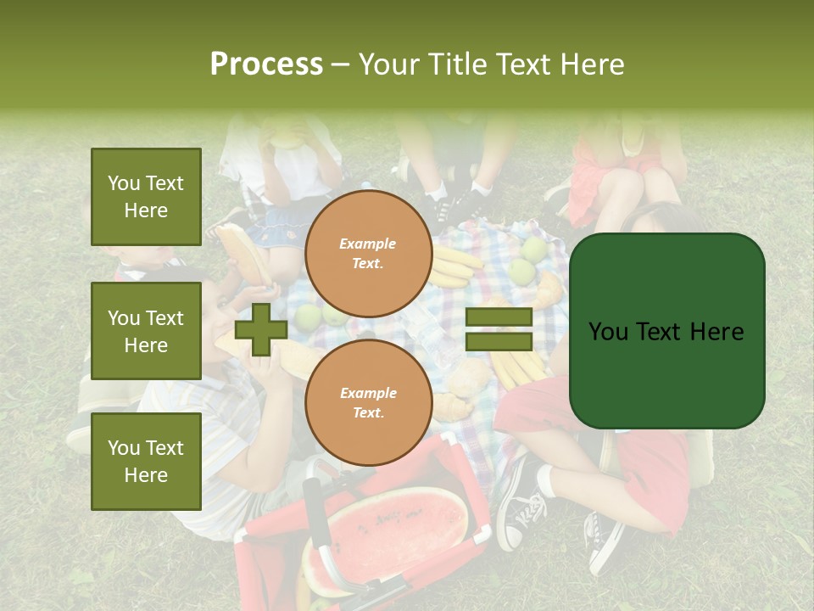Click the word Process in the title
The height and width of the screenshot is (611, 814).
(x=266, y=64)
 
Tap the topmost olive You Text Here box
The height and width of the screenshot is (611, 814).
(x=146, y=197)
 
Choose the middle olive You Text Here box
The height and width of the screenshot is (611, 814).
(x=146, y=331)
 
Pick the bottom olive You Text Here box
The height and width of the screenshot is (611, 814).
(x=146, y=462)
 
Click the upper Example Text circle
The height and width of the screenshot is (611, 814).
(x=368, y=253)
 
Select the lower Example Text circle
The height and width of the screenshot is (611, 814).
(x=368, y=402)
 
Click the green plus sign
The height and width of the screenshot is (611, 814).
(x=260, y=330)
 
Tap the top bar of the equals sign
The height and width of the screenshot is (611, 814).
(x=499, y=317)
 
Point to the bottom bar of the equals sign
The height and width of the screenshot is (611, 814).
(x=499, y=342)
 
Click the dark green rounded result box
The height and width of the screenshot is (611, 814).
(x=666, y=331)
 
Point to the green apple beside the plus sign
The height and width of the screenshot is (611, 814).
(x=307, y=317)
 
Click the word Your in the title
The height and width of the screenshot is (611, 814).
(x=388, y=64)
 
